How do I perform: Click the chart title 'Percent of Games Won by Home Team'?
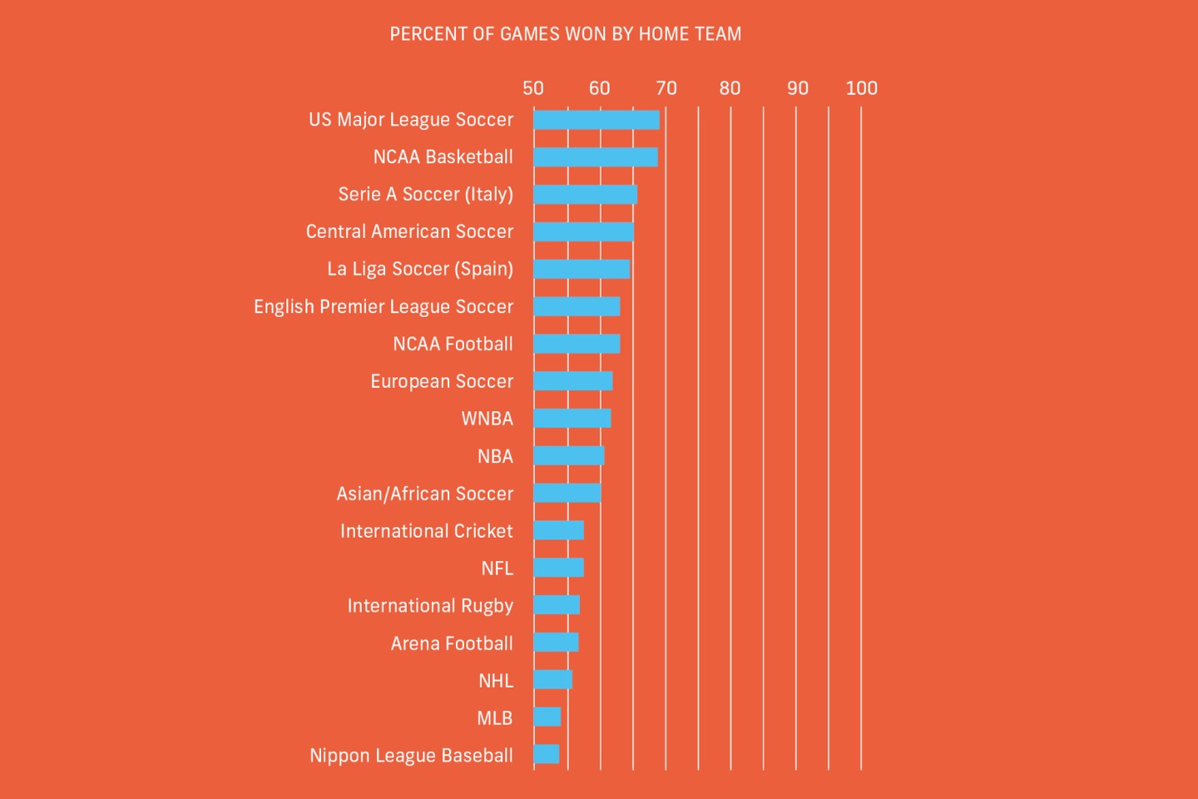[x=565, y=34]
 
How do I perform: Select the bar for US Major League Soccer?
[x=596, y=120]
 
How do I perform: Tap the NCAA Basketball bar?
[x=595, y=157]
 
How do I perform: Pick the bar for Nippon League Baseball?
[x=547, y=755]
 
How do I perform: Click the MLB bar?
[x=547, y=717]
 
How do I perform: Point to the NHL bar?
[x=552, y=680]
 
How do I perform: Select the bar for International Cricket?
[x=558, y=530]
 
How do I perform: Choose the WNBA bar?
[x=572, y=419]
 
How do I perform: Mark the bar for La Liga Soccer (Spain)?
[x=582, y=269]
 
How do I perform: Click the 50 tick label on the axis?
[x=533, y=88]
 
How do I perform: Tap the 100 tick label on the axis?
[x=861, y=88]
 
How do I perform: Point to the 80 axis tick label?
[x=730, y=88]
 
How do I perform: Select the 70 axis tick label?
[x=666, y=88]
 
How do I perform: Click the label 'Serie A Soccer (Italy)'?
[x=425, y=195]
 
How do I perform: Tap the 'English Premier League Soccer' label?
[x=384, y=307]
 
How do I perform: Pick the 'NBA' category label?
[x=495, y=456]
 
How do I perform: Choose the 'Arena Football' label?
[x=452, y=643]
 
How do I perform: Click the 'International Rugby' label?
[x=430, y=606]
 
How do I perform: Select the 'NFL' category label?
[x=497, y=568]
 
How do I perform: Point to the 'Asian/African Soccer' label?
[x=424, y=494]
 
